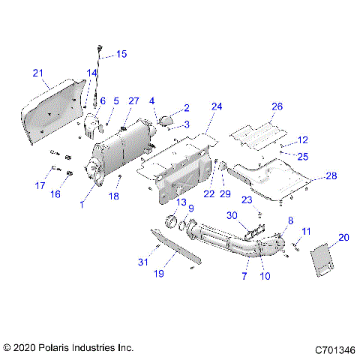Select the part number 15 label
[x=121, y=54]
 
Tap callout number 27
[x=134, y=100]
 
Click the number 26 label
[x=277, y=106]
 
